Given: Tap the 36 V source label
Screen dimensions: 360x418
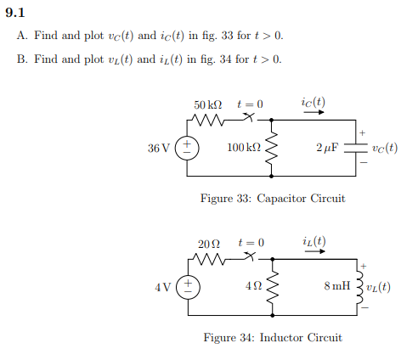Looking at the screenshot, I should tap(159, 148).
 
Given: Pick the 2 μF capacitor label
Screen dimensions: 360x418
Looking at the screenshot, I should tap(326, 148).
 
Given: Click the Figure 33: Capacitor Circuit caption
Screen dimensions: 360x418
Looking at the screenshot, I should tap(272, 199).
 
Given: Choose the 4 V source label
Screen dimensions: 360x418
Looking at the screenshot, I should tap(163, 286).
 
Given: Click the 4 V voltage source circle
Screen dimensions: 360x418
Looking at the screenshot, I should tap(187, 286).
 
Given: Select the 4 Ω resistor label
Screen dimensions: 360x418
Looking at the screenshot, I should tap(252, 286).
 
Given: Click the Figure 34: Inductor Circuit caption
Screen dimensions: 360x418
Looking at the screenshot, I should tap(272, 337).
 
